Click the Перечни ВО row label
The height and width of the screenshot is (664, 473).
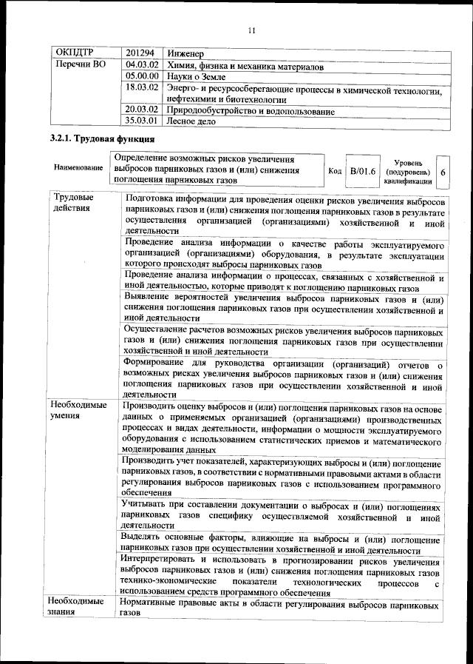coord(81,66)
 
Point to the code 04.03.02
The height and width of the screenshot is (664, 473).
coord(142,66)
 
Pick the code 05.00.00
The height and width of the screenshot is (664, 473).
coord(142,76)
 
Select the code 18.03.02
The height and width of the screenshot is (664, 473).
coord(142,87)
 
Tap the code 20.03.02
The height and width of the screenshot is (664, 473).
coord(142,110)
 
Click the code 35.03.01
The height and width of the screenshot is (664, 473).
coord(142,121)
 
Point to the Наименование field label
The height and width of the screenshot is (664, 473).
coord(78,169)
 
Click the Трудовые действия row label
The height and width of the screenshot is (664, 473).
coord(72,204)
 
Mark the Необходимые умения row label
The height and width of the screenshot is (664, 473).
coord(78,411)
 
